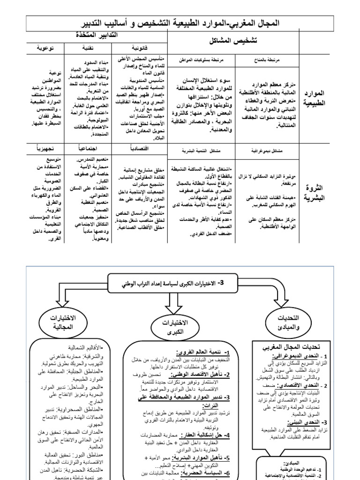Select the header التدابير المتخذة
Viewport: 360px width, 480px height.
[x=96, y=36]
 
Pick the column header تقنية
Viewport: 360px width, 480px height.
[x=88, y=48]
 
